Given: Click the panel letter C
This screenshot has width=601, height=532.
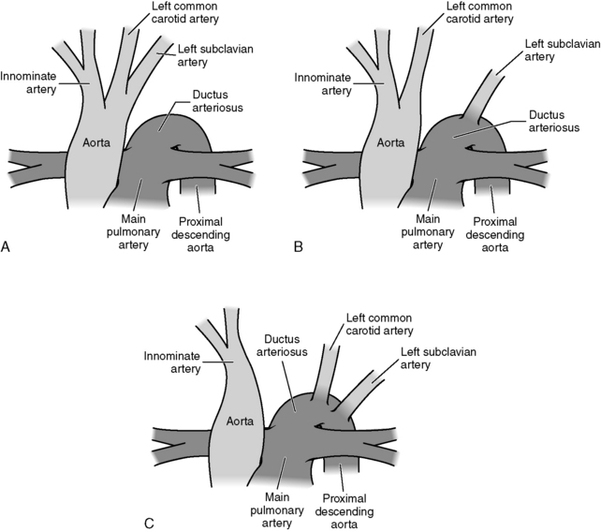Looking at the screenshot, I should (x=149, y=522).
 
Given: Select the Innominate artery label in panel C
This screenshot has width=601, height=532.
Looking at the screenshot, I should (x=174, y=362).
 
